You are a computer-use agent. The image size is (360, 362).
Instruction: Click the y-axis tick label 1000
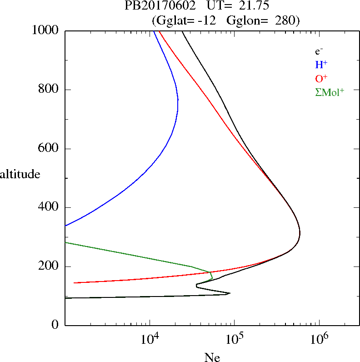click(x=46, y=30)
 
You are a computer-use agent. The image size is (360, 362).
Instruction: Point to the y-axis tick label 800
click(x=49, y=90)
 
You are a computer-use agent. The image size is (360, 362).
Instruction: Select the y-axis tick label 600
click(x=49, y=149)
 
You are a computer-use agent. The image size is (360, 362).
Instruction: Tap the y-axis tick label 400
click(x=49, y=207)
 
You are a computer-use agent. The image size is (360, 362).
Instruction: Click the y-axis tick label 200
click(x=49, y=266)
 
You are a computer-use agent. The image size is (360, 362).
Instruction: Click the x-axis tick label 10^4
click(x=150, y=338)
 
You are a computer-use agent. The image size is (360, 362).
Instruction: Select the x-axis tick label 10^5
click(x=234, y=338)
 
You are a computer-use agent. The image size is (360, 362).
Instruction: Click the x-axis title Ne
click(x=212, y=357)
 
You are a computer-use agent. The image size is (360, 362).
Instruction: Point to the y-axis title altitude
click(x=20, y=174)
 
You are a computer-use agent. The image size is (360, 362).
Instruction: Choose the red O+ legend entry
click(x=321, y=79)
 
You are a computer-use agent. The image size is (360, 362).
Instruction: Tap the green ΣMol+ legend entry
click(x=330, y=92)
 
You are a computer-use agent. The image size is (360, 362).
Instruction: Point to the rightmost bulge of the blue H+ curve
click(x=178, y=105)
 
